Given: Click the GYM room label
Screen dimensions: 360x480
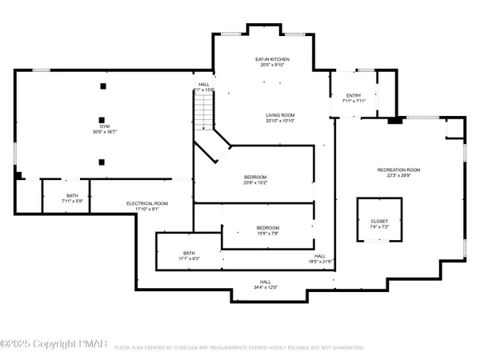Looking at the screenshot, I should (x=104, y=126).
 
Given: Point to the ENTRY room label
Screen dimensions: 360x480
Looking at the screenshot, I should (x=354, y=95).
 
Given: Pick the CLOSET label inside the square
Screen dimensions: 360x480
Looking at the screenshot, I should (x=379, y=221).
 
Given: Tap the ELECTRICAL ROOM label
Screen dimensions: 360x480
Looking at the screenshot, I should (x=147, y=203).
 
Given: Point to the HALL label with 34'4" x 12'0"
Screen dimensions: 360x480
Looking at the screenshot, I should (x=265, y=282).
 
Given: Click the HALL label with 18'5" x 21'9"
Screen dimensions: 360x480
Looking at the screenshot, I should (x=319, y=256).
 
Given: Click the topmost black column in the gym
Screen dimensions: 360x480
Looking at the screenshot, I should (x=102, y=86).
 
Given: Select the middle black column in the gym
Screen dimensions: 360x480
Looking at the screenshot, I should (x=102, y=113).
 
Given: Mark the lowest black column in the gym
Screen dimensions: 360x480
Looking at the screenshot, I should (x=102, y=162).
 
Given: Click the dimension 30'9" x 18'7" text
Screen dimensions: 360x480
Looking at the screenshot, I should (x=104, y=132).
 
